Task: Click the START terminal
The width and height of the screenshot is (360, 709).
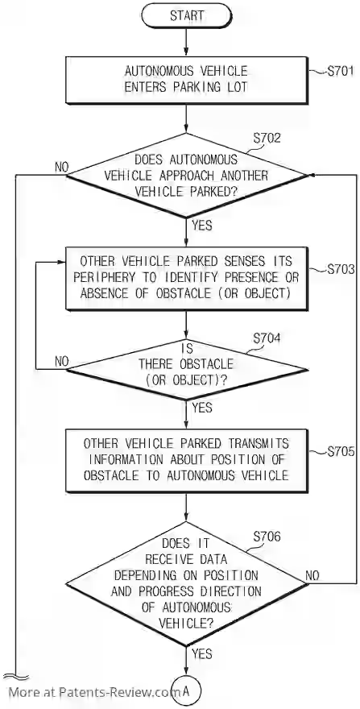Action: (186, 15)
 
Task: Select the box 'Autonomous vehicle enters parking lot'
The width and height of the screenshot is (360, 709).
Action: (186, 80)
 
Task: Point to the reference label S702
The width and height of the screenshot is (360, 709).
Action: (267, 138)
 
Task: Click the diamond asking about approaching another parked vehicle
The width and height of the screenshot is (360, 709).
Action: (186, 175)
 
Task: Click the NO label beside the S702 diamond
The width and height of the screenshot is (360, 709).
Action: (61, 167)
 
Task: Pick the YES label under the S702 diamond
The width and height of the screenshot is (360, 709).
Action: (201, 225)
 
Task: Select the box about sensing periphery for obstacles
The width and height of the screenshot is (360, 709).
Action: (186, 278)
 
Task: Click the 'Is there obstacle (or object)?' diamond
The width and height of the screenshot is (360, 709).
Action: (187, 370)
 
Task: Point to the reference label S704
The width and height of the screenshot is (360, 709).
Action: (267, 338)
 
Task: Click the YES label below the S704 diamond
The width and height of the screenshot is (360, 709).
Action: (201, 408)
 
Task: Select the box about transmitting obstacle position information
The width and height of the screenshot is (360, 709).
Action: (186, 460)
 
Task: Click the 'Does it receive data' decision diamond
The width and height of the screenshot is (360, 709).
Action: (186, 583)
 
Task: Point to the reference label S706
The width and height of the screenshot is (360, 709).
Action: (267, 537)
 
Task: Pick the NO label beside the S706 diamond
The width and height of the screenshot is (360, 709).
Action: (312, 575)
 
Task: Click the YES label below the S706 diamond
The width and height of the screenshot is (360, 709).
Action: (201, 653)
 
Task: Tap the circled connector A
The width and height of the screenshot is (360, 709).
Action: (186, 691)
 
